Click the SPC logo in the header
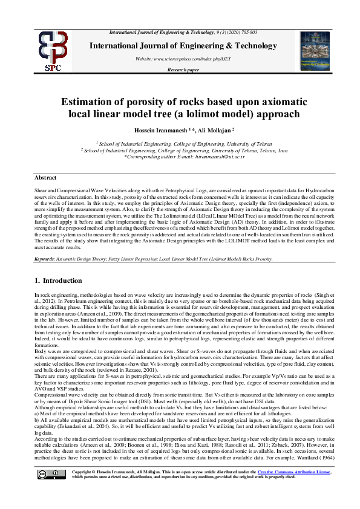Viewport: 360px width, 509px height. pyautogui.click(x=53, y=50)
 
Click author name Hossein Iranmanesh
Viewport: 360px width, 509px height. pyautogui.click(x=152, y=131)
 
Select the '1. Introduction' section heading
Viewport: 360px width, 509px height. pyautogui.click(x=58, y=281)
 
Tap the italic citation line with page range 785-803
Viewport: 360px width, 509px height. pyautogui.click(x=183, y=31)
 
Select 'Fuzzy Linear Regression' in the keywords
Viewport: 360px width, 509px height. pyautogui.click(x=131, y=259)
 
